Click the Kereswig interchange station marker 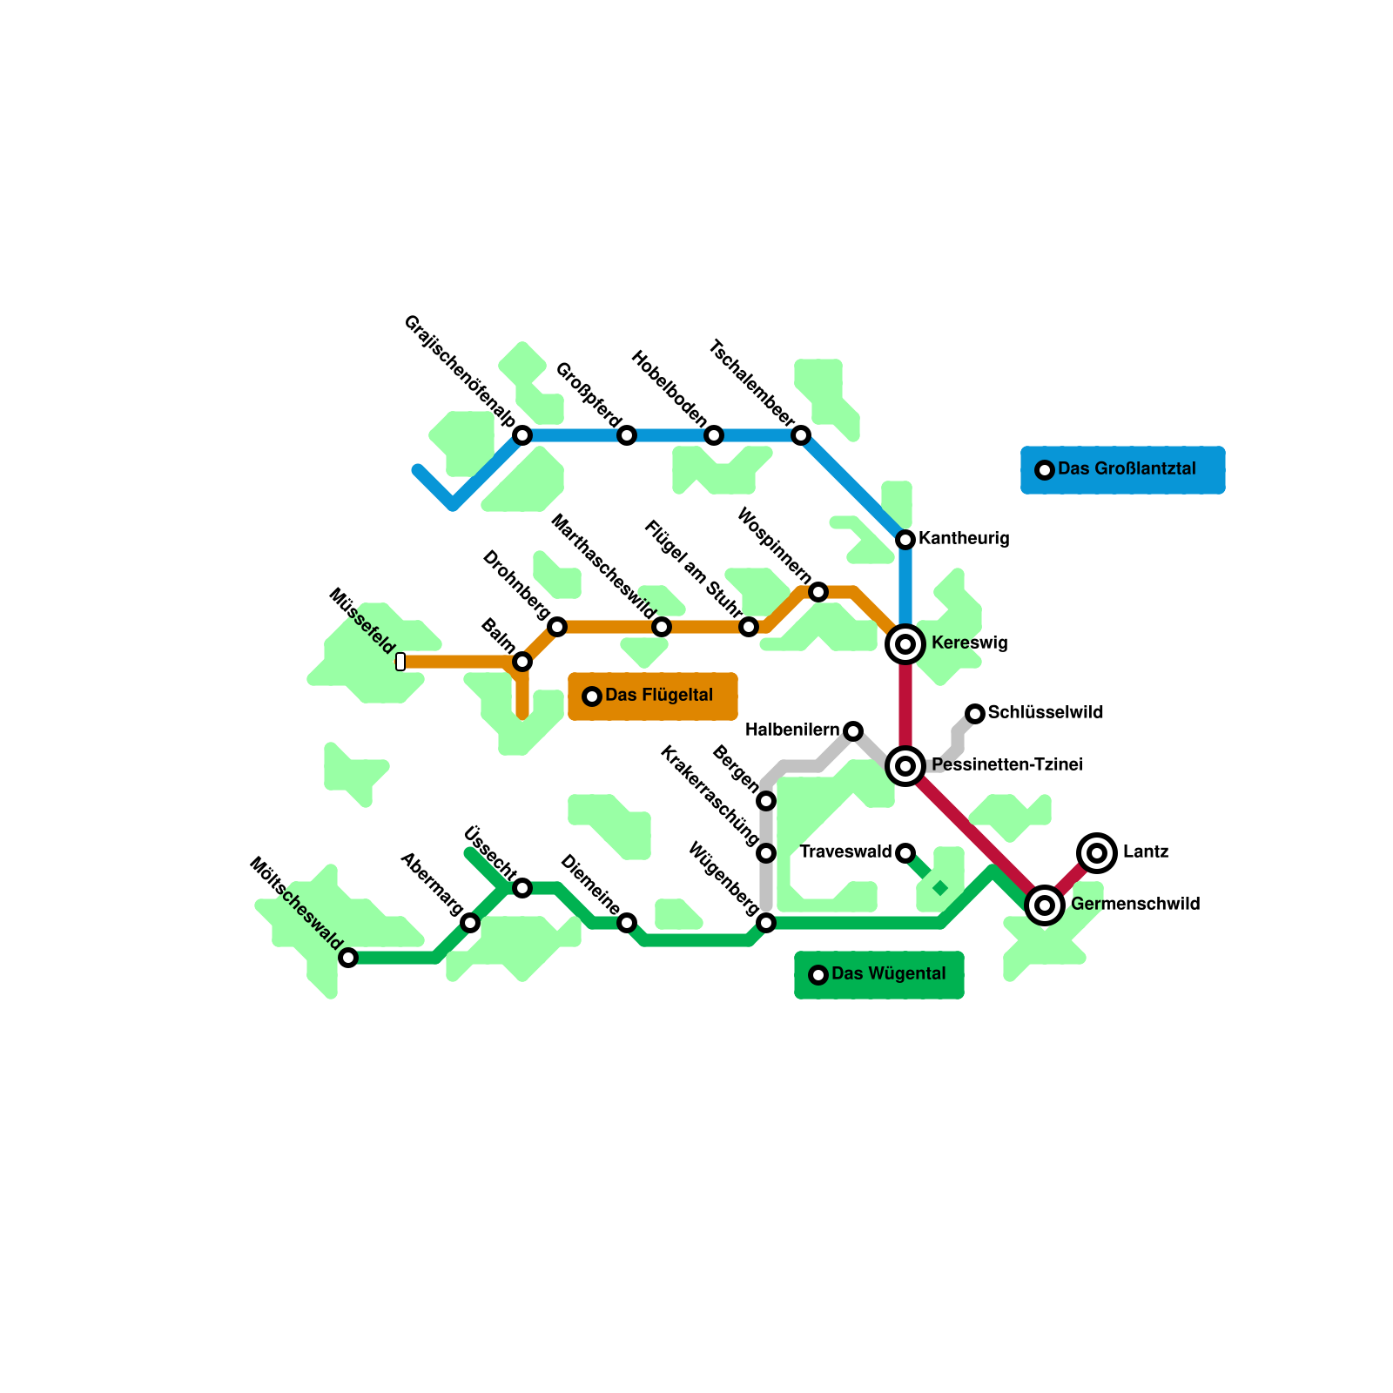coord(905,644)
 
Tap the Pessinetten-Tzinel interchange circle coord(905,766)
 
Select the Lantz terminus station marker coord(1097,853)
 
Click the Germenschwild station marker coord(1045,905)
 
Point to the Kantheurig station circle coord(905,540)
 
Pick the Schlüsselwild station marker coord(975,714)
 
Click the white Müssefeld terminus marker coord(400,662)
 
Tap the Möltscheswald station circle coord(348,958)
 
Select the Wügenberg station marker coord(766,923)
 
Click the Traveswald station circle coord(905,853)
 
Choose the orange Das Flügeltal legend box coord(653,696)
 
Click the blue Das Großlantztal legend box coord(1123,470)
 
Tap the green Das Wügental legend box coord(879,975)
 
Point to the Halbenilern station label coord(792,730)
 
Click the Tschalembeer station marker coord(801,435)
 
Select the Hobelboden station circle coord(714,435)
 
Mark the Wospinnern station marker coord(818,592)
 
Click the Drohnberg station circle coord(557,627)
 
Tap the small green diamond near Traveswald coord(940,888)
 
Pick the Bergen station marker coord(766,801)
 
